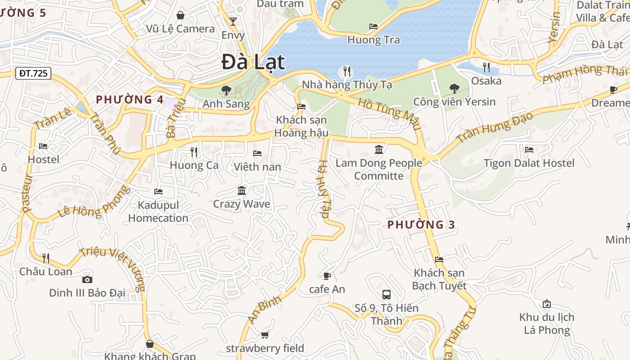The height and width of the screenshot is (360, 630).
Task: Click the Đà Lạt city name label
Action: tap(253, 62)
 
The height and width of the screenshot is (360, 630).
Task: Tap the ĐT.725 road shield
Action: tap(33, 73)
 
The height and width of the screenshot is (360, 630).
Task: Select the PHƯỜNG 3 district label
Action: tap(421, 225)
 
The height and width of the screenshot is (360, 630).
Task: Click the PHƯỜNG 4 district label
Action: tap(130, 99)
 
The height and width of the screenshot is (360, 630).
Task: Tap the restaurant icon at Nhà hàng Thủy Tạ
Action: tap(346, 71)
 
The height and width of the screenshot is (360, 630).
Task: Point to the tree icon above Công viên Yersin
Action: tap(454, 89)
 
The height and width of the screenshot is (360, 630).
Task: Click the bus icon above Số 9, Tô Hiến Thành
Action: tap(386, 295)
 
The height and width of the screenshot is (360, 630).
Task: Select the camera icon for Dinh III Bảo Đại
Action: tap(87, 279)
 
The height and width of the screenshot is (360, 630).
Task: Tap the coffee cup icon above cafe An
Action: tap(327, 276)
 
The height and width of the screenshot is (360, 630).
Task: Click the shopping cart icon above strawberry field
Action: tap(265, 335)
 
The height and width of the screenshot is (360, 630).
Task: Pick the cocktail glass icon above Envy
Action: tap(233, 21)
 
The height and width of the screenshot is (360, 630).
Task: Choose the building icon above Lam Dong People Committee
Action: tap(379, 149)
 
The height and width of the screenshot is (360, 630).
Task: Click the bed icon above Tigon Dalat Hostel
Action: tap(529, 149)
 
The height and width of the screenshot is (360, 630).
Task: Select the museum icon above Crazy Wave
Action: tap(242, 190)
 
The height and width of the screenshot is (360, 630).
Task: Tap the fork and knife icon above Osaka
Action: tap(486, 67)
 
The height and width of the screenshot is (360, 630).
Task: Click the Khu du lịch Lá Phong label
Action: tap(547, 324)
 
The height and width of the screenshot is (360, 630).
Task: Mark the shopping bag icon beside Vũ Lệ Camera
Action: tap(180, 16)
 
